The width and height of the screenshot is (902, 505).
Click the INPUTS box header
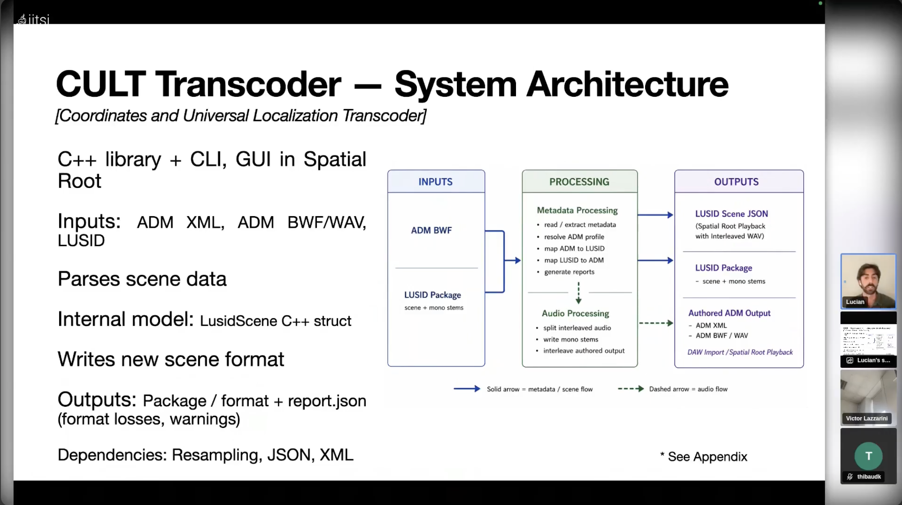point(436,182)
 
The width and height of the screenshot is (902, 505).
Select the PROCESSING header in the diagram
point(579,182)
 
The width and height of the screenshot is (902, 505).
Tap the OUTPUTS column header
point(737,182)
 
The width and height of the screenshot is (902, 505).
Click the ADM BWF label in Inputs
point(431,230)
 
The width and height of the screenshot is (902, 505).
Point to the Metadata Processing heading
point(577,210)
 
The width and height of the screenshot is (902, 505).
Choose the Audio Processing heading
point(575,313)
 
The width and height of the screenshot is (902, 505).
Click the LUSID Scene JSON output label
point(731,214)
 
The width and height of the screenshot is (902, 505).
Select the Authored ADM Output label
point(729,313)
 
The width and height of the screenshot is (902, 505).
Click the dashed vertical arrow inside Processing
point(578,293)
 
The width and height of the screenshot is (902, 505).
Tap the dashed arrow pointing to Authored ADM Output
point(656,323)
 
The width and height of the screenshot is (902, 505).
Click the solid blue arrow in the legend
point(467,389)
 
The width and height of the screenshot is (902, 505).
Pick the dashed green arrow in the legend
point(631,389)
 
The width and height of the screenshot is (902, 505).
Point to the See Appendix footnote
point(703,457)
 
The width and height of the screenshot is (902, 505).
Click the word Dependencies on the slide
point(112,455)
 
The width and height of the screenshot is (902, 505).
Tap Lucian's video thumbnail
point(868,281)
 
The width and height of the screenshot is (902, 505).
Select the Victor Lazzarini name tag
point(867,418)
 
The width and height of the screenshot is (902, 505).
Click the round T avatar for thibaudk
point(868,456)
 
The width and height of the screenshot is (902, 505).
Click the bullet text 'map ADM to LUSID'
point(574,248)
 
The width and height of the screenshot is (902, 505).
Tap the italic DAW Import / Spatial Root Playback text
point(740,352)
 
